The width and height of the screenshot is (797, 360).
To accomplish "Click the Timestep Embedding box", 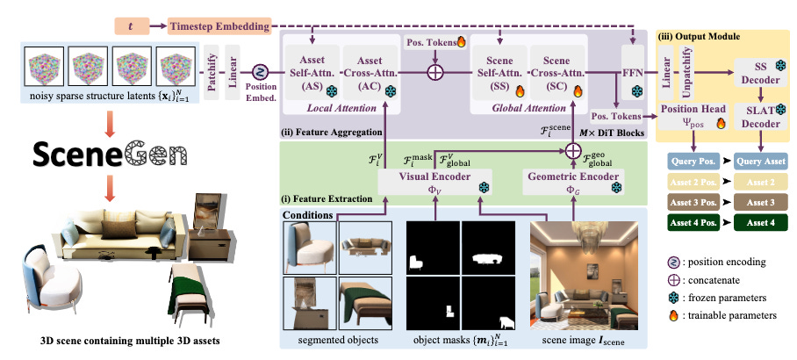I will pyautogui.click(x=219, y=27).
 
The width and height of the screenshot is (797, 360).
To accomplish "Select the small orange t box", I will pyautogui.click(x=131, y=27).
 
